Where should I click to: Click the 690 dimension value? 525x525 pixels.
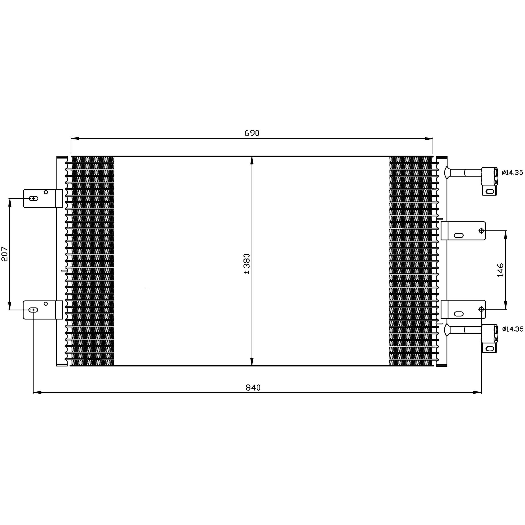tap(252, 133)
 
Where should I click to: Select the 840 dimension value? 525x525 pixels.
tap(253, 388)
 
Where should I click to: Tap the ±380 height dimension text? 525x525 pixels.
tap(247, 264)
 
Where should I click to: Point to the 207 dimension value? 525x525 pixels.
tap(5, 254)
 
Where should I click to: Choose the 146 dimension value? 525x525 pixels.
tap(500, 270)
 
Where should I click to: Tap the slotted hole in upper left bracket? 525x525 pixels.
tap(33, 198)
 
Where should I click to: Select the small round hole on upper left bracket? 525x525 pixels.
tap(46, 192)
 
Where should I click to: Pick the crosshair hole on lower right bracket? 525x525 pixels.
tap(481, 309)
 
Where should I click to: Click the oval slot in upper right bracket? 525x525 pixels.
tap(459, 235)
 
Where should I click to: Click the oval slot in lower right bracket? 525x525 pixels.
tap(459, 314)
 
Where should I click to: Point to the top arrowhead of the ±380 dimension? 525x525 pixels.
tap(252, 160)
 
